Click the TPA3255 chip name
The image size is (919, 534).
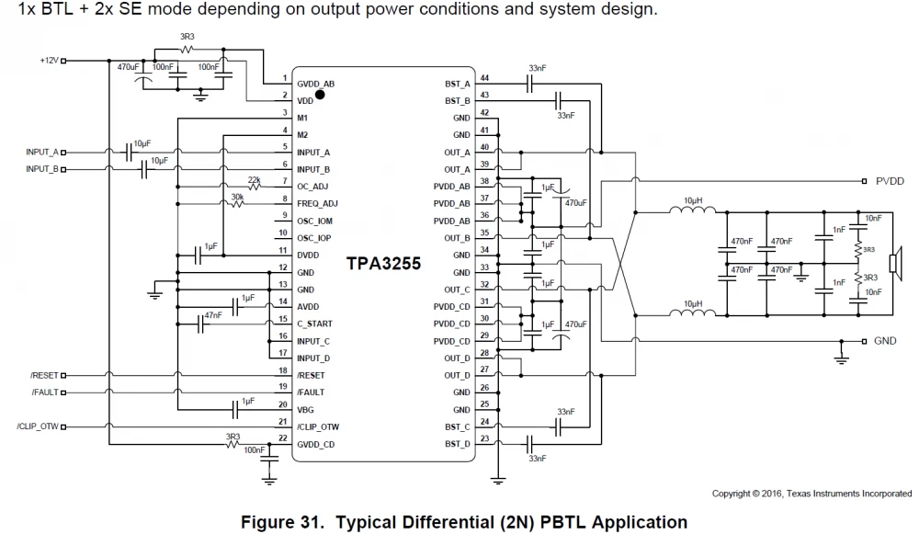383,264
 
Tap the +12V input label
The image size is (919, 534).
49,61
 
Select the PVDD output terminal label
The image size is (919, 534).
890,181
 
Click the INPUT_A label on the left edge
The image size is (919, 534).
42,152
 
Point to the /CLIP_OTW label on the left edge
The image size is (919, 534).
36,427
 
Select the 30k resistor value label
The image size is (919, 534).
236,196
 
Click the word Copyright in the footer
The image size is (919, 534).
732,494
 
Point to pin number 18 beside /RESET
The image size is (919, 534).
284,369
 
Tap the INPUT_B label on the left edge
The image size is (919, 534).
42,169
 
